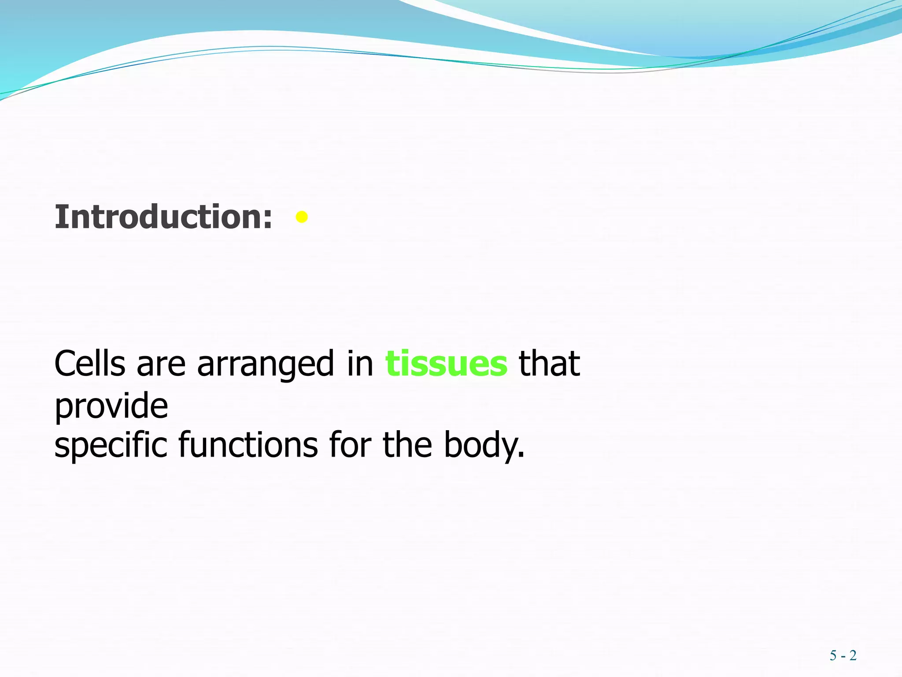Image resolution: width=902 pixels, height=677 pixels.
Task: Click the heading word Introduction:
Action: [x=163, y=217]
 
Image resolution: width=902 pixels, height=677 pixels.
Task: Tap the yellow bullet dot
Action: [x=302, y=217]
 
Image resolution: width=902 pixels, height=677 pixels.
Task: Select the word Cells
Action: [x=90, y=364]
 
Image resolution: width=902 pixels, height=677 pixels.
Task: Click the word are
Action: [x=161, y=365]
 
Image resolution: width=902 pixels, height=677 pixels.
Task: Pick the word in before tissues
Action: [x=360, y=364]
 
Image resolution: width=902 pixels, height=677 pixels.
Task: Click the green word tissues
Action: [x=446, y=364]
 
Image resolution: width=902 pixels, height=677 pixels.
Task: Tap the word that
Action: [x=549, y=364]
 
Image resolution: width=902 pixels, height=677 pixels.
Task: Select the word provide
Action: [x=111, y=406]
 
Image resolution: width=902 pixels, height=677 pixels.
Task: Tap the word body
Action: [x=481, y=445]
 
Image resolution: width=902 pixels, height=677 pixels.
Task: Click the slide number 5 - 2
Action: [x=843, y=655]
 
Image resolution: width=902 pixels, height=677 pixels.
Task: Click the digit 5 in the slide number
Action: [x=833, y=655]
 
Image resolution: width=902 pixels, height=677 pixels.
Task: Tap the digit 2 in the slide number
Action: [x=853, y=655]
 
